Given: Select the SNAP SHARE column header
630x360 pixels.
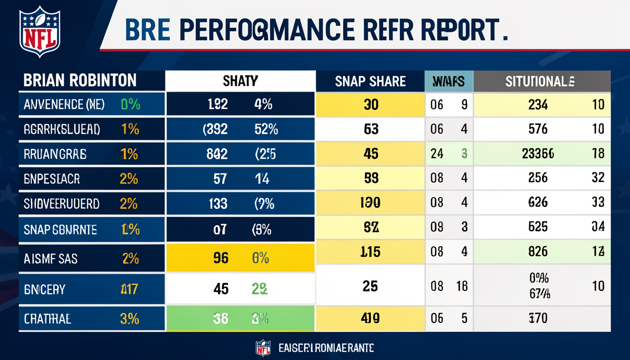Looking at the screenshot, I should [370, 81].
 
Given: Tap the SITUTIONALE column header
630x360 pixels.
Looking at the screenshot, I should [540, 81].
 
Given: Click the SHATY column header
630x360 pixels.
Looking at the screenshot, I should [240, 81].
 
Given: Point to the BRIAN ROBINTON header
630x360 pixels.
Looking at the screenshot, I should [80, 81].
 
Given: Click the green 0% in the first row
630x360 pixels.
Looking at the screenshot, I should [130, 104].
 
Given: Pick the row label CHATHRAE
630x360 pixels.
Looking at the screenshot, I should [47, 319].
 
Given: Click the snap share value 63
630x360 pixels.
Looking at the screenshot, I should [371, 129].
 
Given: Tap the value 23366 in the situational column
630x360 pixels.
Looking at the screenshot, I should [538, 153].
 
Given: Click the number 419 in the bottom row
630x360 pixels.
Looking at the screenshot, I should [370, 319].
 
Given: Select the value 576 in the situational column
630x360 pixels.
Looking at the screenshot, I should [538, 129].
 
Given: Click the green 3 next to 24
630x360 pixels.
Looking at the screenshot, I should [464, 153].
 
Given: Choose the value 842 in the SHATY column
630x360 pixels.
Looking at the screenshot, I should [217, 153].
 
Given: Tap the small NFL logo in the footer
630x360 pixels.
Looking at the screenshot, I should [263, 348].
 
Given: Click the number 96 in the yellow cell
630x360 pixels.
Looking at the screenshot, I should [221, 258].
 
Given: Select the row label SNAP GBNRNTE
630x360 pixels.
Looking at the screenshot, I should [60, 230].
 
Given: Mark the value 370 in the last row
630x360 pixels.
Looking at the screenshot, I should [538, 319].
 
